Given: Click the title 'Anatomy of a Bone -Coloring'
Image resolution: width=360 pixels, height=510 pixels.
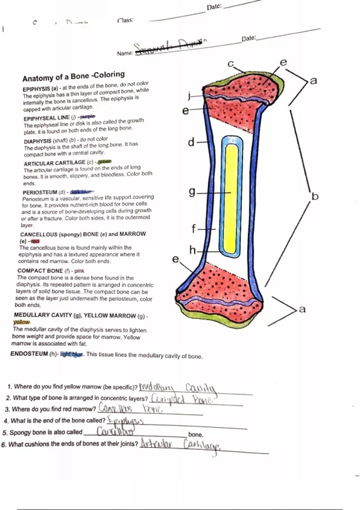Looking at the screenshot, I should (x=73, y=76).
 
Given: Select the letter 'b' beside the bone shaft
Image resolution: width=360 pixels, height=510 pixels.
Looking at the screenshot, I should (x=315, y=196).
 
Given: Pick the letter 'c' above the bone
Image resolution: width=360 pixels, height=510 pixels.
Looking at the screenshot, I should (x=230, y=64).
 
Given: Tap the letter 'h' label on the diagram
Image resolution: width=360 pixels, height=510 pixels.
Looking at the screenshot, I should (x=192, y=250).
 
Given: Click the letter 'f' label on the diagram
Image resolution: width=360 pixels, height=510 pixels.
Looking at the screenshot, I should (x=194, y=229).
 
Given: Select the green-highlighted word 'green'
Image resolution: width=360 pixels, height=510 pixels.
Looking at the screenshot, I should (x=104, y=161).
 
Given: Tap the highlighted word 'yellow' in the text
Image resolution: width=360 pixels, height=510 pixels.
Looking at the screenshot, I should (x=22, y=322).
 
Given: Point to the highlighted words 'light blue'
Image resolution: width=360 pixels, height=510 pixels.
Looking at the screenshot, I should (x=71, y=354).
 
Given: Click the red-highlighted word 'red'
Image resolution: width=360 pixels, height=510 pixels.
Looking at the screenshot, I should (x=35, y=241).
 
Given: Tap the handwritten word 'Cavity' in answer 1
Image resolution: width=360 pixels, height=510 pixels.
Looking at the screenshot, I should (x=200, y=388).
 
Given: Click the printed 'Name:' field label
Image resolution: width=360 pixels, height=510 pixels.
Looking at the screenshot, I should (x=125, y=53).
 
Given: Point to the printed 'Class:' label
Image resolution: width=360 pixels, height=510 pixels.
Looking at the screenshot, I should (x=125, y=20).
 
